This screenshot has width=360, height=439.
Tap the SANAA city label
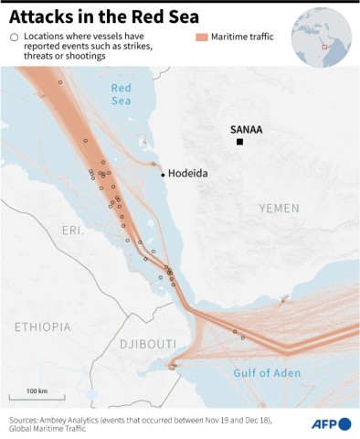245,130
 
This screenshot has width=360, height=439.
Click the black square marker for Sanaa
239,143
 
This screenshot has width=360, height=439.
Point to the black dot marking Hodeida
163,174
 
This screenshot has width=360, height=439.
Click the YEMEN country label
279,209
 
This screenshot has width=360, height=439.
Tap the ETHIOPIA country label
42,327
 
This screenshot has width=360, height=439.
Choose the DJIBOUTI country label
147,344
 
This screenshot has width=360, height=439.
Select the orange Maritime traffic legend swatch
202,37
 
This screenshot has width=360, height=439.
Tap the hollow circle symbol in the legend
14,37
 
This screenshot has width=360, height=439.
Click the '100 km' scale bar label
37,391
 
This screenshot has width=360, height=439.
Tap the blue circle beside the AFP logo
344,423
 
